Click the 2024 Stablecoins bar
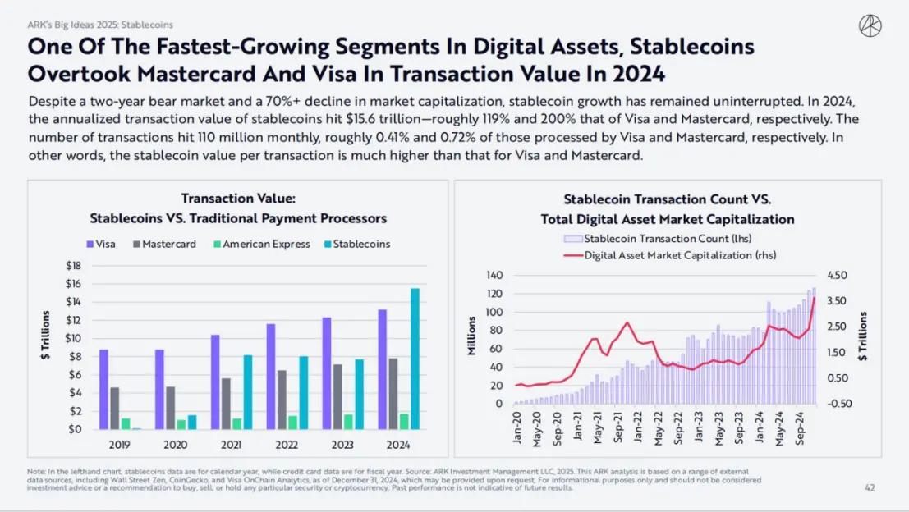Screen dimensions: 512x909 click(415, 359)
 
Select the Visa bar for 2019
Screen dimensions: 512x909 click(103, 389)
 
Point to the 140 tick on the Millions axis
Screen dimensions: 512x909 click(494, 275)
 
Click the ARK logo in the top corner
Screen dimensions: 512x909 click(870, 26)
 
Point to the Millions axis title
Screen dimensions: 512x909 click(472, 338)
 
